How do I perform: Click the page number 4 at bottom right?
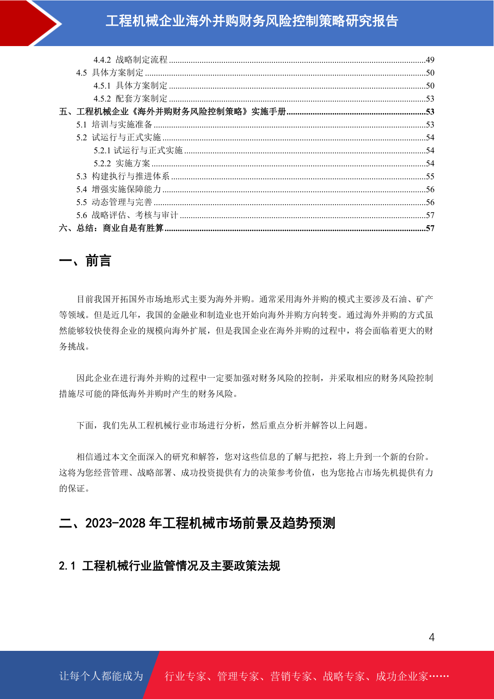431,637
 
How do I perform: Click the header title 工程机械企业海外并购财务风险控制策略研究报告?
252,21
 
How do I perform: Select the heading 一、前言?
85,261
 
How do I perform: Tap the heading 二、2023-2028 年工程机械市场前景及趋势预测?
197,523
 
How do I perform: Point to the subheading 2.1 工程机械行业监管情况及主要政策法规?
169,566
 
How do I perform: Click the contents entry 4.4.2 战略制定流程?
130,60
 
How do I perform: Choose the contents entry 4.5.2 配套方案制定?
130,99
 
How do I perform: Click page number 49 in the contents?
430,60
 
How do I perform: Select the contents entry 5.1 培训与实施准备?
114,125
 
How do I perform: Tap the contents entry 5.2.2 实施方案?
122,164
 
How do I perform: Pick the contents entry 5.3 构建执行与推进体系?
123,176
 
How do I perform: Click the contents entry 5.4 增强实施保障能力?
119,189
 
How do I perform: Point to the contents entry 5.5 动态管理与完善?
114,202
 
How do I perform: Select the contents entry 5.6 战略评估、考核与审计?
127,215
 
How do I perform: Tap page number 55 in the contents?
430,176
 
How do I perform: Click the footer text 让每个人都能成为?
101,676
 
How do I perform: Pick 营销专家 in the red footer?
291,677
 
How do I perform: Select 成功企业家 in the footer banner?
402,677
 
